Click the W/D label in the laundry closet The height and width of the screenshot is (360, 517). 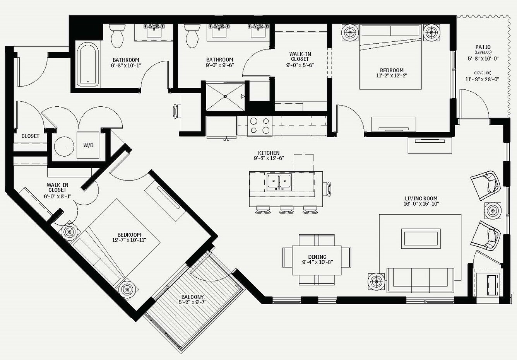click(88, 145)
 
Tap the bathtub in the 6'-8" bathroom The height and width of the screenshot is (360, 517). click(88, 65)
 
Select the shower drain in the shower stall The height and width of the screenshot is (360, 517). click(225, 96)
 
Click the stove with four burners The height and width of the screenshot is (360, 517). click(260, 125)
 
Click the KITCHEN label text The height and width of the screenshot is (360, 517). click(269, 153)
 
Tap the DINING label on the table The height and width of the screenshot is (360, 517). click(317, 257)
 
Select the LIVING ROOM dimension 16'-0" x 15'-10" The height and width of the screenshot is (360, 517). click(421, 204)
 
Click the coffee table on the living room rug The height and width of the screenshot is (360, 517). click(421, 239)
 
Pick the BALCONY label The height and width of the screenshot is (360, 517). click(192, 297)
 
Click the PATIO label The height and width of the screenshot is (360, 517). click(483, 47)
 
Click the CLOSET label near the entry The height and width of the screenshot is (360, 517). click(30, 136)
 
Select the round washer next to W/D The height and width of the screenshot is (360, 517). click(64, 147)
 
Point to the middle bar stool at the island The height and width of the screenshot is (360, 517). click(286, 210)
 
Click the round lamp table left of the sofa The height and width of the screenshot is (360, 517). click(376, 282)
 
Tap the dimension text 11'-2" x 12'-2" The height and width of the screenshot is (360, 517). click(392, 75)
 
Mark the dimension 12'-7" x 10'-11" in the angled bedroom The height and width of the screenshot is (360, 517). click(129, 240)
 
